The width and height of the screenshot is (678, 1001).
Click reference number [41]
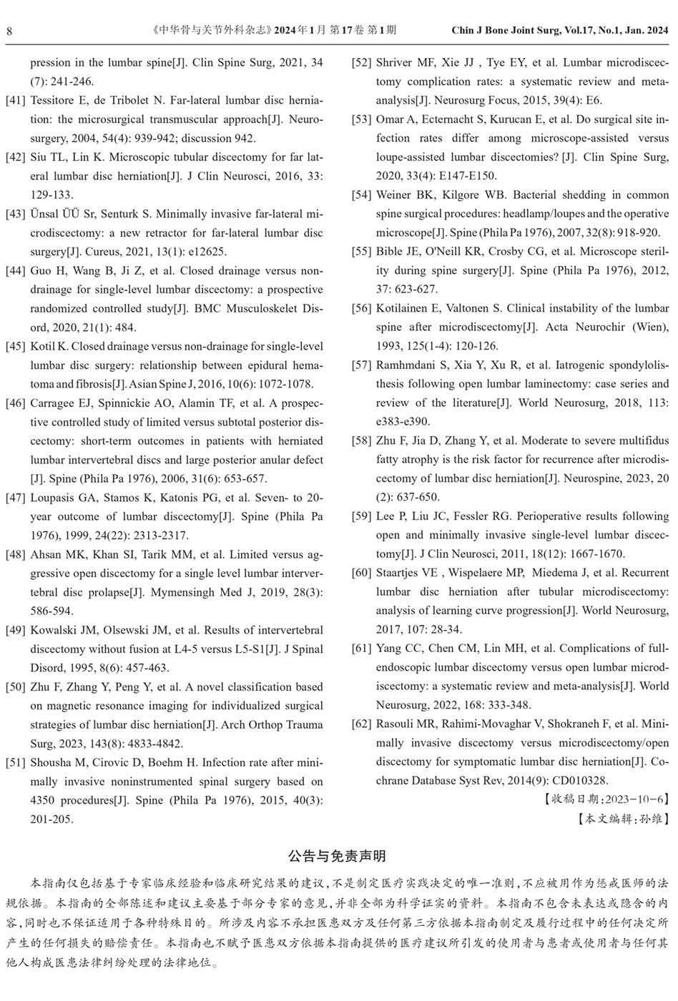16,101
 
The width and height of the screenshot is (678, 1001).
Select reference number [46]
16,403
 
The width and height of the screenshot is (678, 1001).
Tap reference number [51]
16,763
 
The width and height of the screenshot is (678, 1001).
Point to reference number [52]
362,63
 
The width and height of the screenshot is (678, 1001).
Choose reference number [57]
362,365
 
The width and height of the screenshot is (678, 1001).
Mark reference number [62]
362,724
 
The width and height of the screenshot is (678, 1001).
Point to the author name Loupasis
54,498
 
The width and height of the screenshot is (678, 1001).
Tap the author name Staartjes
402,573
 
